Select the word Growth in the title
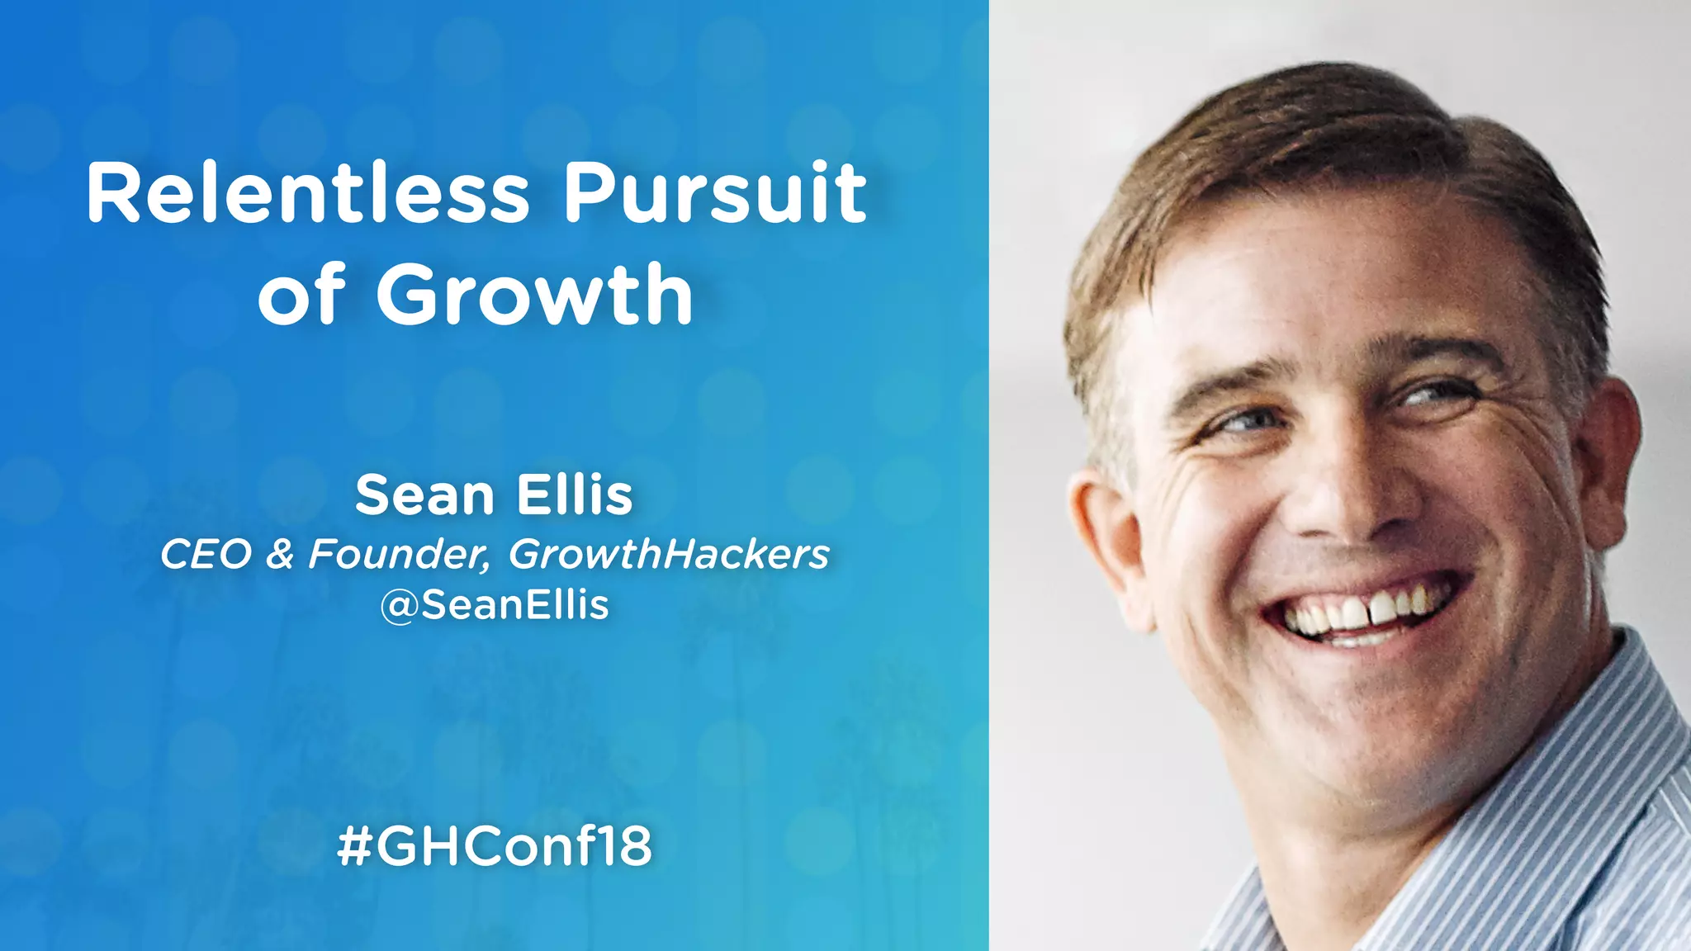click(535, 295)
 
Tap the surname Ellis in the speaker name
click(575, 495)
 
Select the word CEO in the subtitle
click(206, 555)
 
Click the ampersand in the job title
click(280, 555)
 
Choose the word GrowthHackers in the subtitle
click(669, 555)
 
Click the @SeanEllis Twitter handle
click(495, 605)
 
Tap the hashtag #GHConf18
click(495, 846)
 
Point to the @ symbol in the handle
click(398, 607)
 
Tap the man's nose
click(1354, 495)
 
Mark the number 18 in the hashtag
click(623, 846)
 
